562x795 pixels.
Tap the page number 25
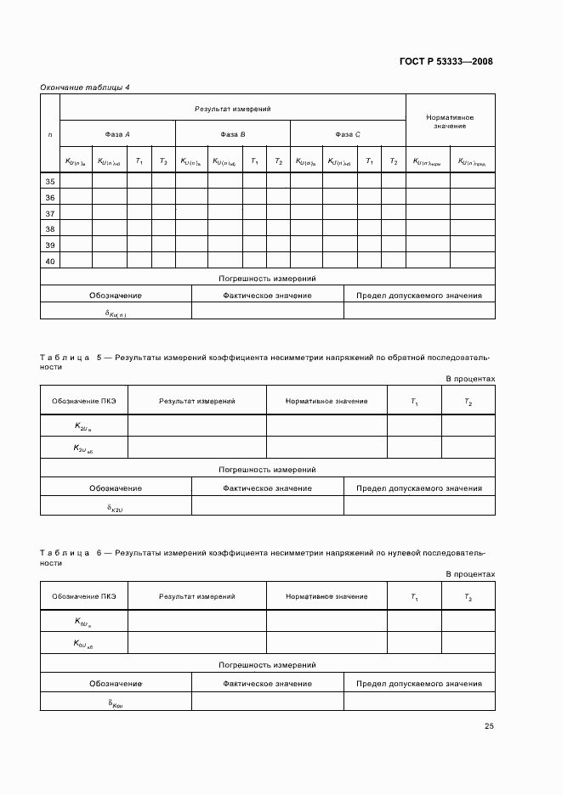tap(489, 725)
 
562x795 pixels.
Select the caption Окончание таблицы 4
tap(85, 87)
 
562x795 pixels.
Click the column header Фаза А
tap(117, 134)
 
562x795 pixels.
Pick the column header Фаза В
tap(233, 134)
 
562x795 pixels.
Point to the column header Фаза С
tap(348, 134)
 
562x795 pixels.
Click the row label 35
tap(50, 182)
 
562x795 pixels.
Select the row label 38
tap(50, 229)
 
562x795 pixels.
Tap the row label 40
tap(50, 261)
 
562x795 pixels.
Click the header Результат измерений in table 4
tap(233, 109)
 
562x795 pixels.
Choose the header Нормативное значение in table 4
tap(449, 121)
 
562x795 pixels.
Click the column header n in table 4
tap(50, 134)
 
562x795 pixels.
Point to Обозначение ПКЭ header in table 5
tap(84, 401)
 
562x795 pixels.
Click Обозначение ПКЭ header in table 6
tap(84, 597)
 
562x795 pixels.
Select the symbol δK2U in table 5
tap(116, 507)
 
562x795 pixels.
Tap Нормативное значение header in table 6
tap(326, 597)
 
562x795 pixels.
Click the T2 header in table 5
tap(468, 402)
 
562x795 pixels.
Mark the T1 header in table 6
tap(414, 598)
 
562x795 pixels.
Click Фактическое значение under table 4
tap(267, 296)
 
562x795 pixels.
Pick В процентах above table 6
tap(470, 575)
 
